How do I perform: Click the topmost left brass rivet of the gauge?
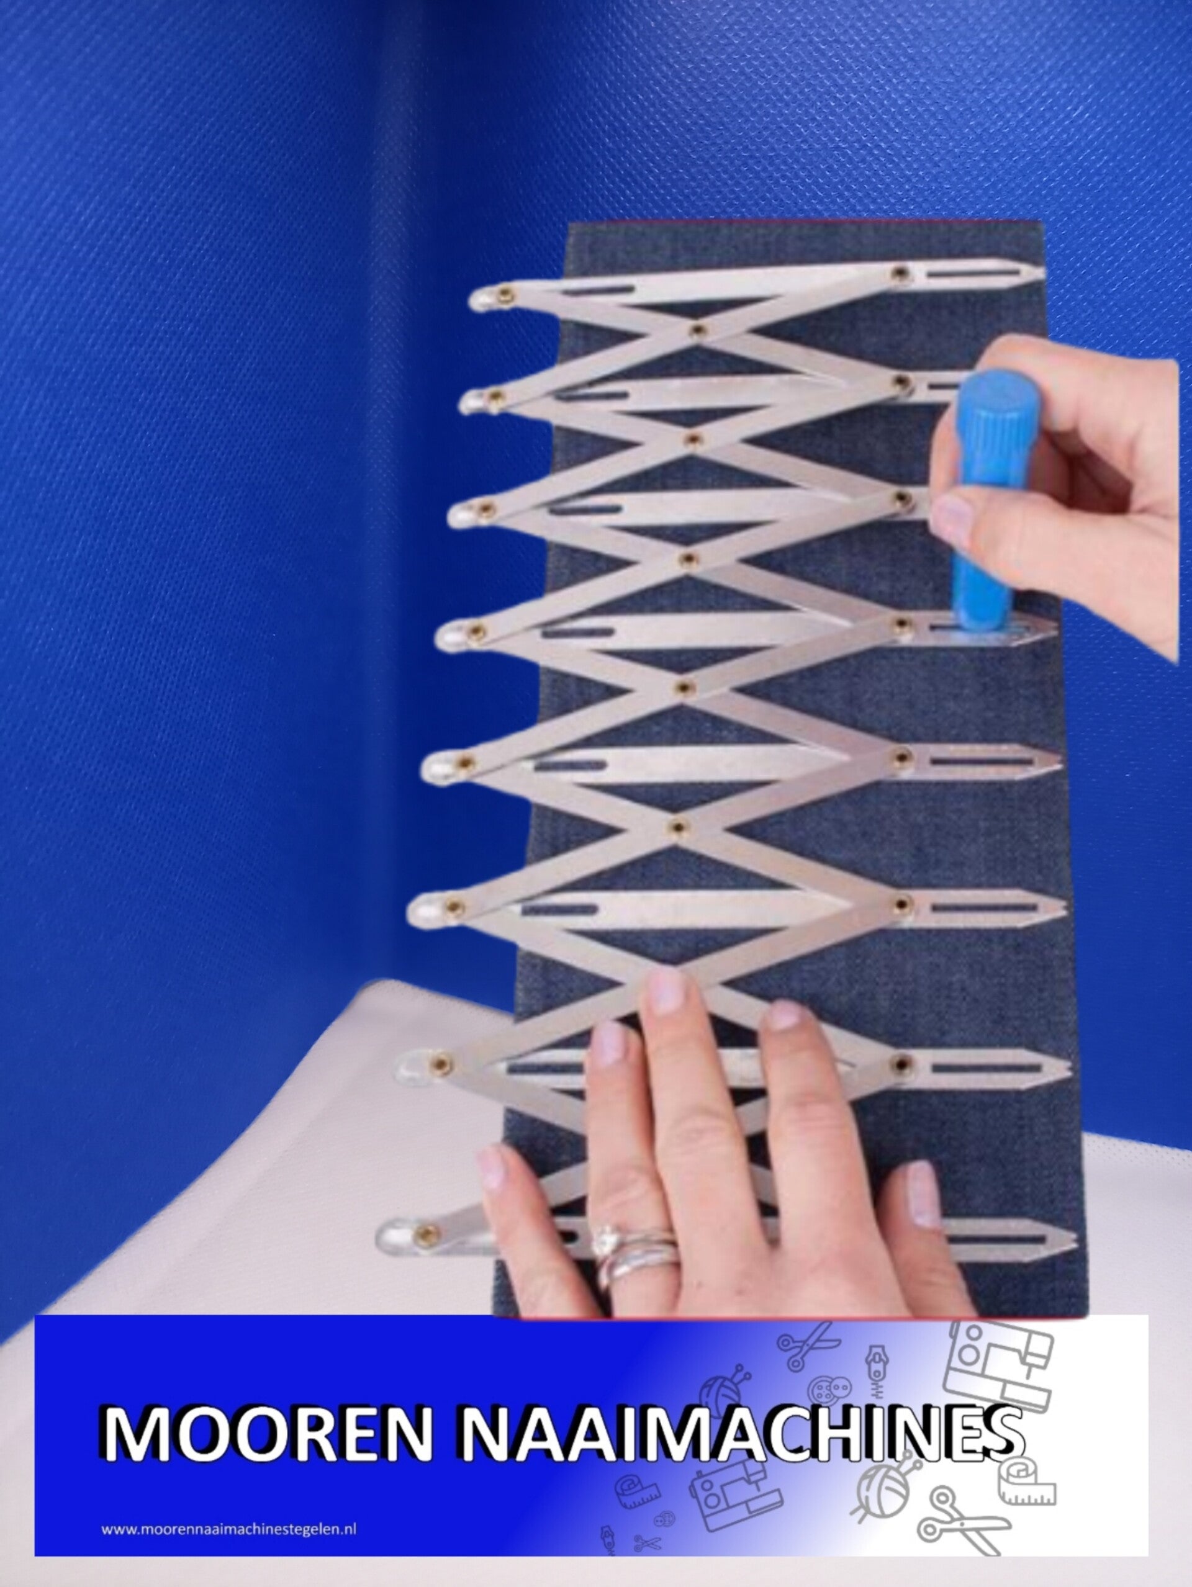pyautogui.click(x=507, y=294)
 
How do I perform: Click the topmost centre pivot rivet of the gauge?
pyautogui.click(x=698, y=331)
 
